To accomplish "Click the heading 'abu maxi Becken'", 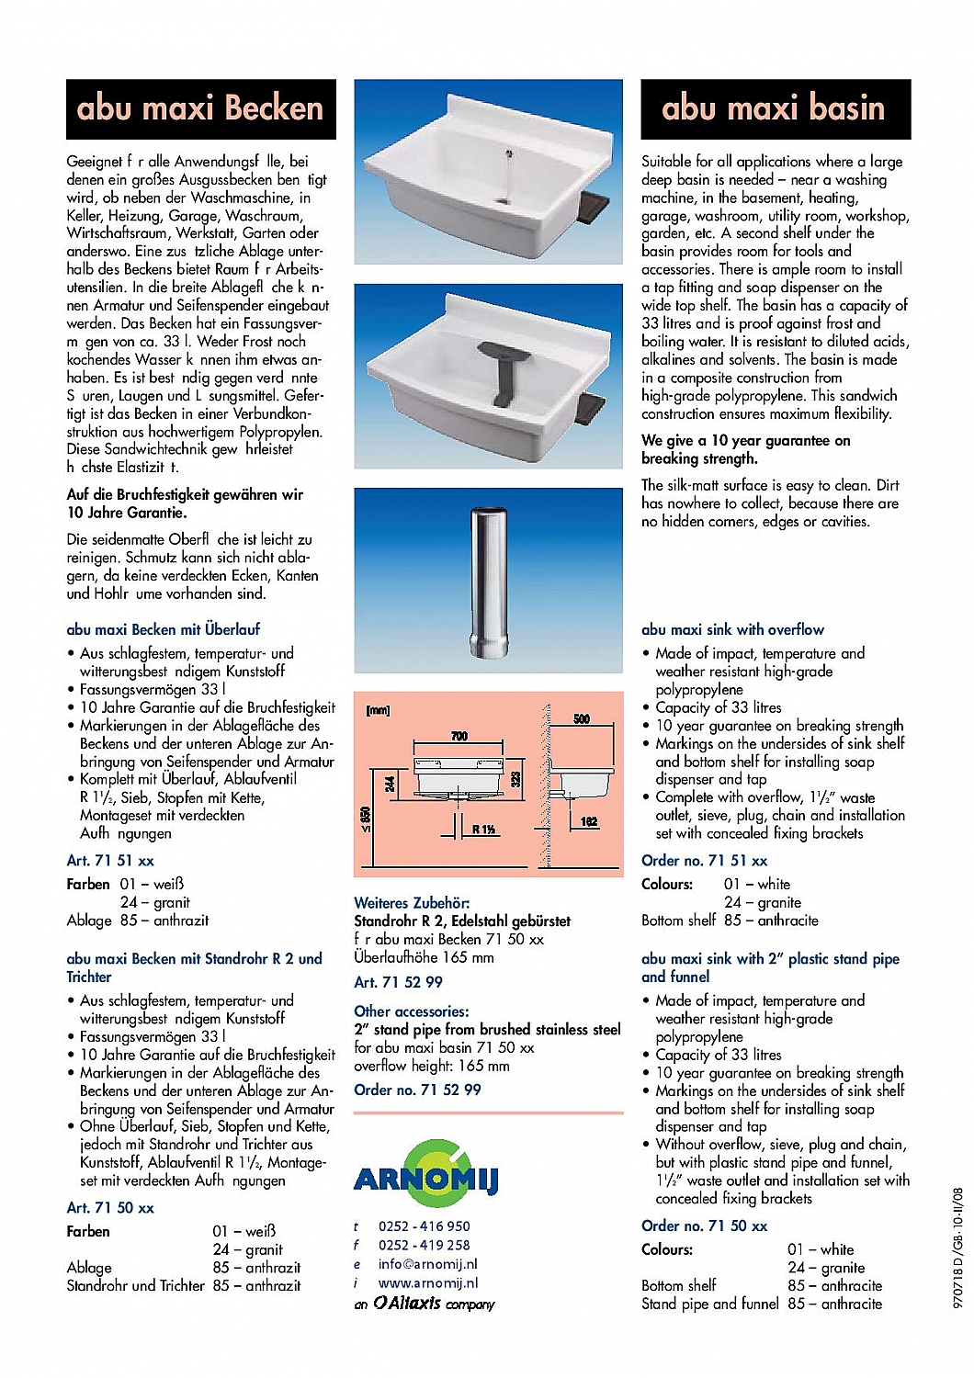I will coord(200,108).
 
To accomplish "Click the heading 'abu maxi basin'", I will coord(773,108).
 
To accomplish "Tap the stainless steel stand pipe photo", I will coord(489,580).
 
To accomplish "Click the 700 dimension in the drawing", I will coord(459,736).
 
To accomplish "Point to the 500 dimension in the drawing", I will coord(582,718).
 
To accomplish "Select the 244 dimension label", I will coord(391,784).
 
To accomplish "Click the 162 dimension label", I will coord(589,821).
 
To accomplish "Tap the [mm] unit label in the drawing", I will coord(378,710).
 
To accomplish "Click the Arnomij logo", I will coord(425,1176).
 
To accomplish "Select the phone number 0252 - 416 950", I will coord(424,1226).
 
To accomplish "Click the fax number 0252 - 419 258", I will coord(424,1246).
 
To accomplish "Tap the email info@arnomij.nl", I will coord(427,1264).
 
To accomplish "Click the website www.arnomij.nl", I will coord(427,1283).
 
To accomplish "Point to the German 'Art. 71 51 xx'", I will coord(110,861).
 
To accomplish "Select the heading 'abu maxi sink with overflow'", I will coord(732,630).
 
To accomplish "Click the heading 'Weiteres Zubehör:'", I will coord(412,903).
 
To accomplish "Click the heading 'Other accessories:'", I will coord(411,1011).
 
